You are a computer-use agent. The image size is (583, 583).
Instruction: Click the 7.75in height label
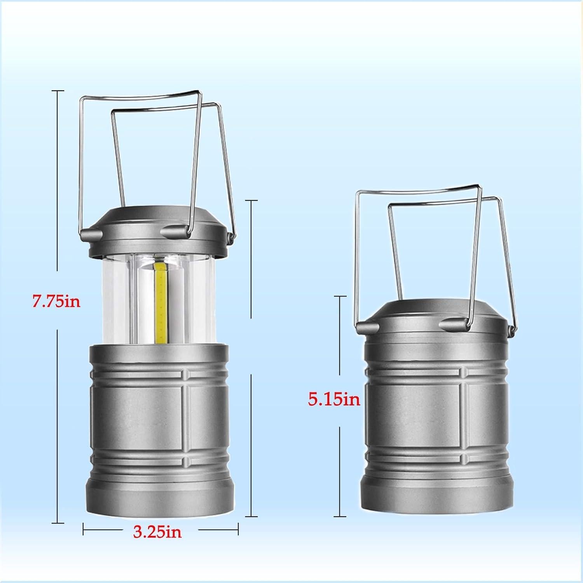[56, 301]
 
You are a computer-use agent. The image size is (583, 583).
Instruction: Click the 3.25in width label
[157, 531]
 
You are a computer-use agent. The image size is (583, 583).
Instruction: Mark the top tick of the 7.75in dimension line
[58, 91]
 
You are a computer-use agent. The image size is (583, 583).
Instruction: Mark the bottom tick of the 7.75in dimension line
[58, 523]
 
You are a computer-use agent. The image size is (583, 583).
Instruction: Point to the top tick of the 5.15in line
[340, 297]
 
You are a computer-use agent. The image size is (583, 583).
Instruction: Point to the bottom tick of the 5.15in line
[340, 516]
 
